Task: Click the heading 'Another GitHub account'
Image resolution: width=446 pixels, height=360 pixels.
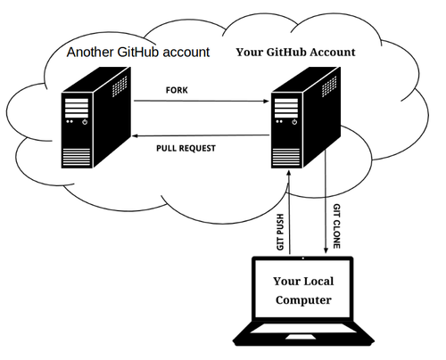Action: [139, 52]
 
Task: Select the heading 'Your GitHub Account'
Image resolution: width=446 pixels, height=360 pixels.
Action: [295, 52]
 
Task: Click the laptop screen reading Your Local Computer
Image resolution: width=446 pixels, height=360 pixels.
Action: [302, 290]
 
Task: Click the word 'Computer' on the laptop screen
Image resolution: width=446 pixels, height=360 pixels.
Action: [302, 300]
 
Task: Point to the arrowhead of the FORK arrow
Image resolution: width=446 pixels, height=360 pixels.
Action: [267, 102]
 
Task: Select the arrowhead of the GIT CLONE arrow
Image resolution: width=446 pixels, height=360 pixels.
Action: [326, 251]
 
